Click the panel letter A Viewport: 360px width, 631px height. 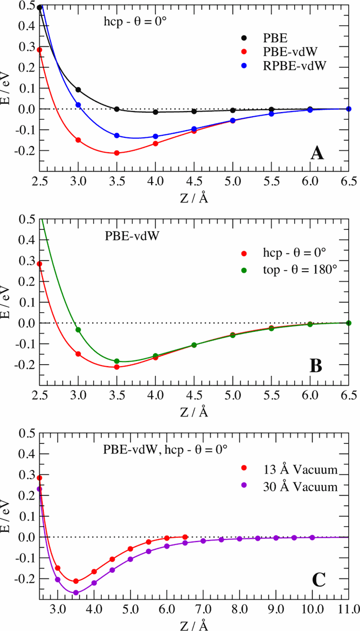click(316, 152)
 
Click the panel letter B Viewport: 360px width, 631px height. click(316, 366)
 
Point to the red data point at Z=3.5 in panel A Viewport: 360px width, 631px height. click(117, 153)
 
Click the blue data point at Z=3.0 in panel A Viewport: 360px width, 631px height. click(78, 105)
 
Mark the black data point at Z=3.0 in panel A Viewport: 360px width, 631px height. click(78, 89)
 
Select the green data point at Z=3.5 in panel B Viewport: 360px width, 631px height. click(117, 361)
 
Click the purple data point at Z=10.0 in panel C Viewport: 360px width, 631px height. click(312, 537)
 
